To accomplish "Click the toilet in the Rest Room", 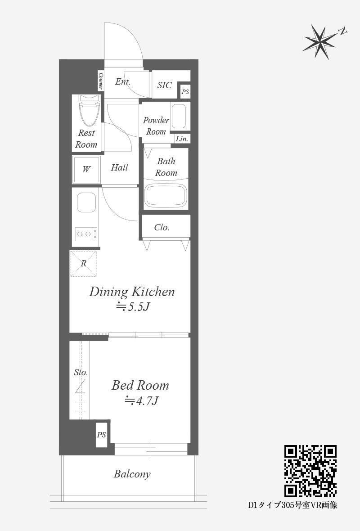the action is [x=89, y=110].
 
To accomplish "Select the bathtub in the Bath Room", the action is [x=166, y=196].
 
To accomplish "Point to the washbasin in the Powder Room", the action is [x=179, y=116].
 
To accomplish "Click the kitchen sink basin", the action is [x=86, y=202].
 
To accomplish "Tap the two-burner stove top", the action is [x=86, y=234].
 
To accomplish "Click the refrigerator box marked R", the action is [x=83, y=263].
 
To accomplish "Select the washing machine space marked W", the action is [x=86, y=169].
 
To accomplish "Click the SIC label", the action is [x=164, y=85].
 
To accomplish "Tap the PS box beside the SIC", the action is [x=185, y=91].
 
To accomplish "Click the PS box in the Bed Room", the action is [x=101, y=435].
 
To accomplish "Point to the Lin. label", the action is [x=182, y=139].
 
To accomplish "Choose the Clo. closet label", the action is [x=162, y=227].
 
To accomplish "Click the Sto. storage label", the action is [x=81, y=373].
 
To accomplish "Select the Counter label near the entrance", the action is [x=101, y=81].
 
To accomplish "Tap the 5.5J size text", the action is [x=133, y=307].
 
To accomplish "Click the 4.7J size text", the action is [x=142, y=400].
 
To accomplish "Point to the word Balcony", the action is [x=132, y=474].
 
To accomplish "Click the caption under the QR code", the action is [x=292, y=505].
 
